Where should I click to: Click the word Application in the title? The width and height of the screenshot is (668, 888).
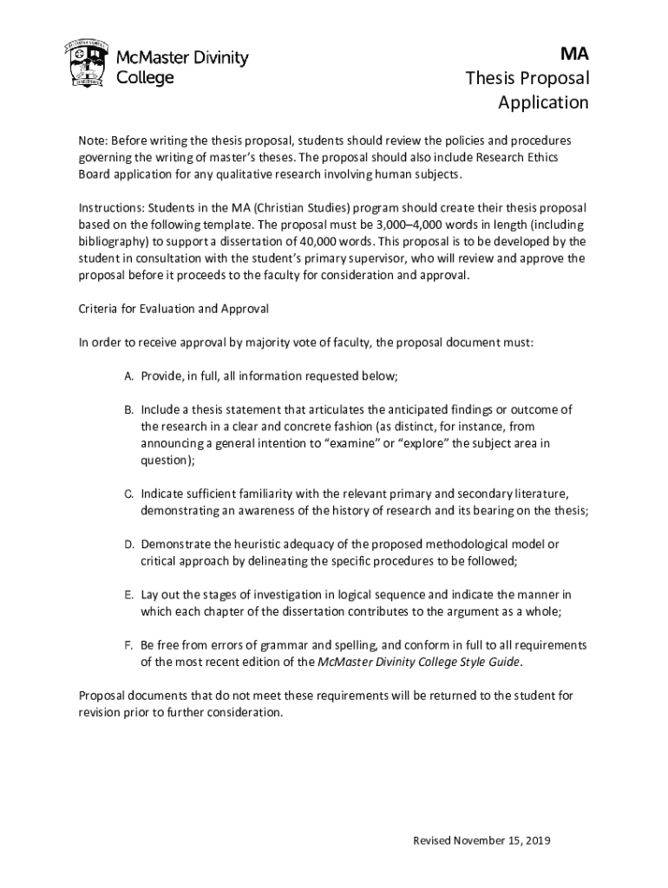(543, 102)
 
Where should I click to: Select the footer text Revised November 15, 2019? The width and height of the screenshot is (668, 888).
(482, 840)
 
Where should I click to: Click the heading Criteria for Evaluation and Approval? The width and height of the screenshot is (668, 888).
(174, 309)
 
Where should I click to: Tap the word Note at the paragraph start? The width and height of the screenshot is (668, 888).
(92, 140)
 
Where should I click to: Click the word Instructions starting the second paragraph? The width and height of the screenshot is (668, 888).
(111, 208)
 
